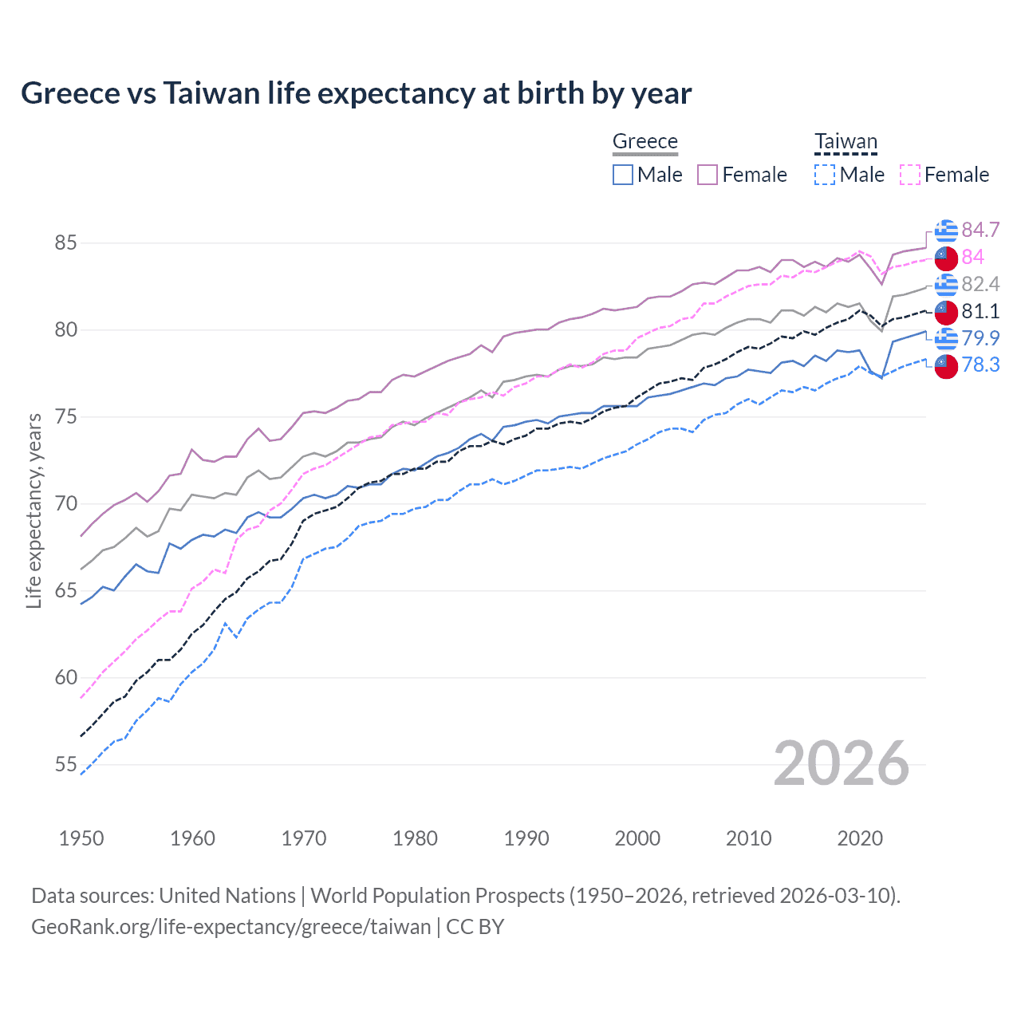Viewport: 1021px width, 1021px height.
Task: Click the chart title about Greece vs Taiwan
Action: (x=356, y=93)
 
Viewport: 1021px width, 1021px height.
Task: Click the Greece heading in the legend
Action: (x=645, y=141)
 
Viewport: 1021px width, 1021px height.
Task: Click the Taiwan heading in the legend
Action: (x=846, y=141)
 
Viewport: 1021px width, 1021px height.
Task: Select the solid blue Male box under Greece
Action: (x=623, y=175)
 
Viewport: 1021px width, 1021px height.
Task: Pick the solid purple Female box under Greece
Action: (x=708, y=175)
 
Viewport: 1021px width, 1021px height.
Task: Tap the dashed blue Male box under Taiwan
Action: (x=825, y=175)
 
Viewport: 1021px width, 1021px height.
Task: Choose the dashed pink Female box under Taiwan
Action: (x=910, y=175)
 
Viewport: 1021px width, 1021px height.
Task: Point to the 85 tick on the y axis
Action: (x=65, y=242)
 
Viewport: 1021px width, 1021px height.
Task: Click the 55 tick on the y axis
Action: (x=65, y=764)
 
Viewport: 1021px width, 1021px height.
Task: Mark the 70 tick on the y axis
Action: (x=65, y=503)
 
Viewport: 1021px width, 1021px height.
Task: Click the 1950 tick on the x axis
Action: (x=81, y=838)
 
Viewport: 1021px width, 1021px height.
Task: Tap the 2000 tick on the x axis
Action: (x=637, y=838)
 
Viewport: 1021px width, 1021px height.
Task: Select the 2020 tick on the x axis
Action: (x=860, y=838)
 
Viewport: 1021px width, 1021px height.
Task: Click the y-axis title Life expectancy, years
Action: (x=34, y=510)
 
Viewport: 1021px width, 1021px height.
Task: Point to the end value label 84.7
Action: (x=980, y=230)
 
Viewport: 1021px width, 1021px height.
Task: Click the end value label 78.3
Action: (x=980, y=365)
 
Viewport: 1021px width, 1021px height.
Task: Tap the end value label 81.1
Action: (x=980, y=311)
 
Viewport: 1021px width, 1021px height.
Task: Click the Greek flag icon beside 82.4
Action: (x=946, y=284)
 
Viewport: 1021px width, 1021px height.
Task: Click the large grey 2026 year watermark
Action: (x=842, y=763)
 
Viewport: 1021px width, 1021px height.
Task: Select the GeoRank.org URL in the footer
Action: (x=231, y=926)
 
